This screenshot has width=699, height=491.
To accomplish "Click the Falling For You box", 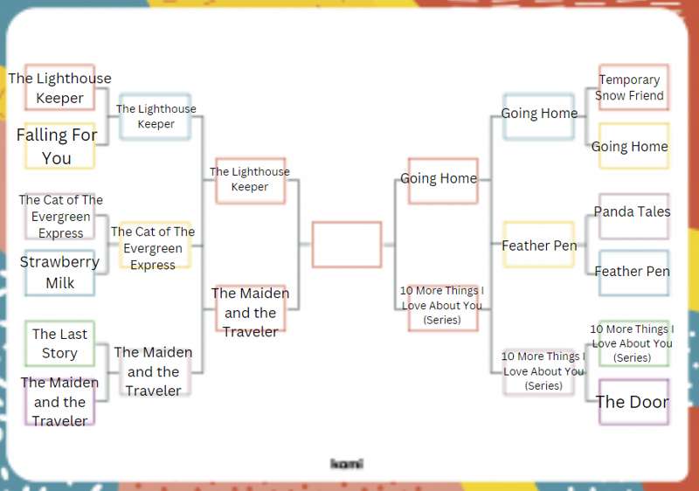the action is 59,146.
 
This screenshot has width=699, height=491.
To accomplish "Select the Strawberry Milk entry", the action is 59,273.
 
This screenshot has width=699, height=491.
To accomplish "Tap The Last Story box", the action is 59,343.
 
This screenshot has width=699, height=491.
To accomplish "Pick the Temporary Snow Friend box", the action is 633,86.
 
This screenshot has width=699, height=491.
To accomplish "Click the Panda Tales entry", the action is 633,217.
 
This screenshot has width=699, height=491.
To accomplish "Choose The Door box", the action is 633,402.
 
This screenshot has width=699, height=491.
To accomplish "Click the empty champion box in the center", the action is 347,245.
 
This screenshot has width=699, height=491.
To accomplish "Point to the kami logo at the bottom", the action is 347,464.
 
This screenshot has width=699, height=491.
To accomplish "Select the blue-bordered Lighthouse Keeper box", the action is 156,116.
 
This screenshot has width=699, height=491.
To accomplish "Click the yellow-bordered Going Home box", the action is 633,146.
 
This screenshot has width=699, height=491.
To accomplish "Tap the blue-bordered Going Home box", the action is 538,116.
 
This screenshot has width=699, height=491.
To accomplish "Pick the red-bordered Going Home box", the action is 443,181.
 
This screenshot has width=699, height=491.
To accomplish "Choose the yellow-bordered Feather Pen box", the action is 538,245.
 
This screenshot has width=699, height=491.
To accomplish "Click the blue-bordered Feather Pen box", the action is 633,273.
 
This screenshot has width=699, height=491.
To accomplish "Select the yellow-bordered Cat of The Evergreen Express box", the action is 156,245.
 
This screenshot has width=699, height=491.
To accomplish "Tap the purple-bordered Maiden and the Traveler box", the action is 59,402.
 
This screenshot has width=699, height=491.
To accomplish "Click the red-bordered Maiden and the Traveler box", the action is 251,308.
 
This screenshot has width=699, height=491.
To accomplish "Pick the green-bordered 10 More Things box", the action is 633,343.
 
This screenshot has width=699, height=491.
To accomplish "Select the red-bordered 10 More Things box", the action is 443,308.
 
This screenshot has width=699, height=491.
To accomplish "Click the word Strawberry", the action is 59,262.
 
